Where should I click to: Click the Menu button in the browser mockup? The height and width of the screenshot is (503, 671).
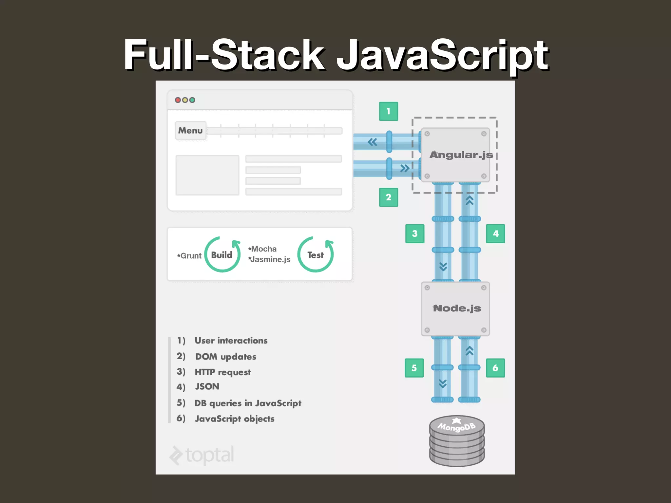pyautogui.click(x=190, y=131)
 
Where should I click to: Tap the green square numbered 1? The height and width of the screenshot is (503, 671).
pyautogui.click(x=388, y=111)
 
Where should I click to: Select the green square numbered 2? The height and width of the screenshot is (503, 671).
pyautogui.click(x=388, y=197)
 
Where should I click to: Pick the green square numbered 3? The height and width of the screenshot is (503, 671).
pyautogui.click(x=414, y=233)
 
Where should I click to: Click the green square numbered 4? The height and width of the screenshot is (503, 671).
pyautogui.click(x=495, y=233)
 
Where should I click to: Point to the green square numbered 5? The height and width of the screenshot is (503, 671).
pyautogui.click(x=414, y=368)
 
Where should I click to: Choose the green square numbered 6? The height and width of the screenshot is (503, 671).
pyautogui.click(x=495, y=368)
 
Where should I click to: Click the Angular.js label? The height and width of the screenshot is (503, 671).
pyautogui.click(x=461, y=155)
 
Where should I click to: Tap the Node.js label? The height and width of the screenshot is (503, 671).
pyautogui.click(x=457, y=308)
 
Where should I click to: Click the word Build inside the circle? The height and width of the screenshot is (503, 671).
pyautogui.click(x=221, y=255)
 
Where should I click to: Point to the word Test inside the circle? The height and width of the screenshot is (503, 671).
pyautogui.click(x=315, y=255)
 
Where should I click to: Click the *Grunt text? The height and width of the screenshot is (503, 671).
pyautogui.click(x=189, y=256)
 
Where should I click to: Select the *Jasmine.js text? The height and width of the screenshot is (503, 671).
pyautogui.click(x=269, y=259)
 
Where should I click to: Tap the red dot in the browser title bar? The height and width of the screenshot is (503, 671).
pyautogui.click(x=178, y=100)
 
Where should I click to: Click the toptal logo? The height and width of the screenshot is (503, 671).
pyautogui.click(x=202, y=455)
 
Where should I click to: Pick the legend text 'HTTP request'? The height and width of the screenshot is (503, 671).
pyautogui.click(x=223, y=372)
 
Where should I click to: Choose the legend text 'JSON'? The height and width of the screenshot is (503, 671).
pyautogui.click(x=207, y=386)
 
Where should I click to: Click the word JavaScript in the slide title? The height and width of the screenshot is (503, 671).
pyautogui.click(x=442, y=55)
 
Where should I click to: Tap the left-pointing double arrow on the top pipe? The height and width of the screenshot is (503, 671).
pyautogui.click(x=372, y=142)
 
